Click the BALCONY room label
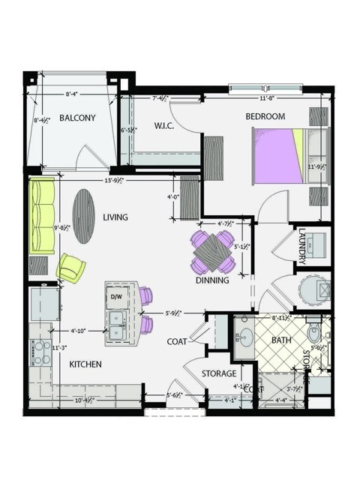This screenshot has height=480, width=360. (77, 118)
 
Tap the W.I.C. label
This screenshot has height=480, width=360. (164, 125)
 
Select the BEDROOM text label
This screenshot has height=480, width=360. (265, 116)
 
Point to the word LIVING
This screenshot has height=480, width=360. (115, 217)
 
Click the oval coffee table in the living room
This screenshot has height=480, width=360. (83, 214)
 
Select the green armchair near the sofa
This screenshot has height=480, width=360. (71, 267)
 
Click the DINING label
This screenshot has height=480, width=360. (212, 280)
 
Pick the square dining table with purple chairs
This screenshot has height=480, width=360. (213, 252)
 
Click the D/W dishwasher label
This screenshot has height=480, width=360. (116, 297)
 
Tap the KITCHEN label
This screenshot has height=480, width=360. (85, 364)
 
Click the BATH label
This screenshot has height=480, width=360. (280, 340)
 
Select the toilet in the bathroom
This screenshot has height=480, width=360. (314, 333)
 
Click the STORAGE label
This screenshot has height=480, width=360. (219, 373)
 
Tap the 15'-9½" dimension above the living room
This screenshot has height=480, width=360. (113, 180)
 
